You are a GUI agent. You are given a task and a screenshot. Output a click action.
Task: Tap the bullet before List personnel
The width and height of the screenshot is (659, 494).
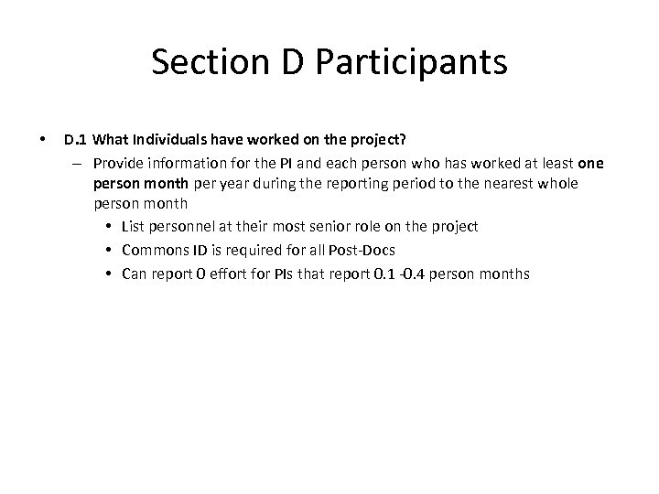coord(108,226)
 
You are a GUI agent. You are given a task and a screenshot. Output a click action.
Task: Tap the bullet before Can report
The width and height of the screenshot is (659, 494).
coord(108,273)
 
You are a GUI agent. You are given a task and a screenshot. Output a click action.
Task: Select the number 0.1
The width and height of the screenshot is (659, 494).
coord(388,273)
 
